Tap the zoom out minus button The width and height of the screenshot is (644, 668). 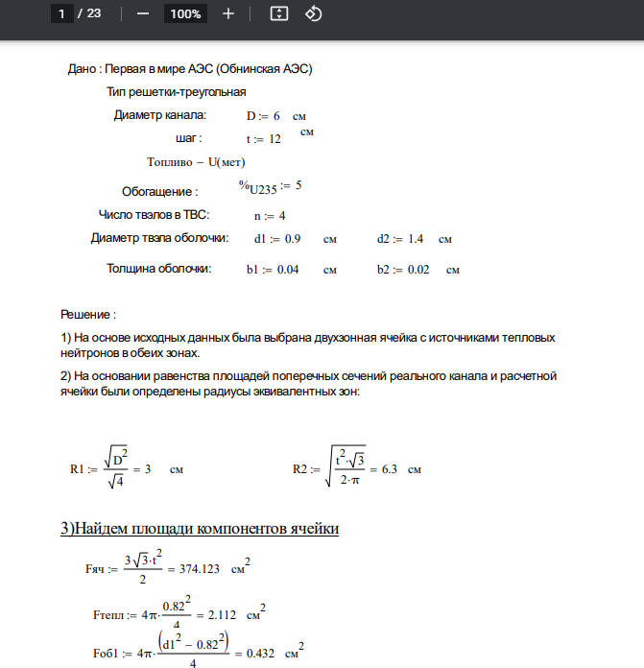[x=142, y=13]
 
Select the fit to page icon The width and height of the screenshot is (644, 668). [x=279, y=13]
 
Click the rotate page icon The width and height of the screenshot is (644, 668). [x=314, y=13]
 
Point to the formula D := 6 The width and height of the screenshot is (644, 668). [x=263, y=116]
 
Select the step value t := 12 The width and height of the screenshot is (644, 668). [x=263, y=139]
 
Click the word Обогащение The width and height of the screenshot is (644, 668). [x=159, y=191]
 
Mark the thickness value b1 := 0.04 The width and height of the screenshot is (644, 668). [x=273, y=270]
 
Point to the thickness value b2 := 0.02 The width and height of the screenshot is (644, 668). [x=403, y=270]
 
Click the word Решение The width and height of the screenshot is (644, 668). [x=87, y=315]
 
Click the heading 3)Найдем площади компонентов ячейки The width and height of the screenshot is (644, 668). [x=200, y=529]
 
